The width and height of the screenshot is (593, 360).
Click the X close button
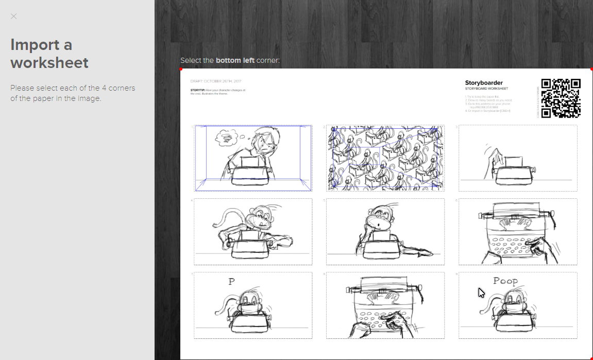coord(14,16)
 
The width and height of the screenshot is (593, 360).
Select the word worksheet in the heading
coord(49,63)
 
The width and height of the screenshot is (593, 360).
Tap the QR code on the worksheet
coord(561,98)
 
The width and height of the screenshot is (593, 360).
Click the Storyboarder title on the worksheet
coord(484,83)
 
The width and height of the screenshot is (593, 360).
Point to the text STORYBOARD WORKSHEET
coord(486,89)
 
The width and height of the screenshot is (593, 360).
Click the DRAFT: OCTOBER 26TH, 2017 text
coord(215,81)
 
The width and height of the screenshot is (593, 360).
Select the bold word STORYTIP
coord(197,90)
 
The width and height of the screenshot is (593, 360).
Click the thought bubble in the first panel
coord(225,137)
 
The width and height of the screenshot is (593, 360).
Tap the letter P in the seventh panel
coord(232,282)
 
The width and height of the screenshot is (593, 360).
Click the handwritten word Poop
coord(505,281)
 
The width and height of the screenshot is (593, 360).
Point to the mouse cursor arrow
coord(481,293)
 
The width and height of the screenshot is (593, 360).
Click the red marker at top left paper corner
coord(181,69)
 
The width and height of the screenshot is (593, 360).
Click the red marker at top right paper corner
coord(591,69)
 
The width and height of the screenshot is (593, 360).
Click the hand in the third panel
coord(489,155)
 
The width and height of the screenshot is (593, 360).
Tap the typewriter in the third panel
coord(513,171)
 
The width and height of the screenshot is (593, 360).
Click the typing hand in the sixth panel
coord(541,247)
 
